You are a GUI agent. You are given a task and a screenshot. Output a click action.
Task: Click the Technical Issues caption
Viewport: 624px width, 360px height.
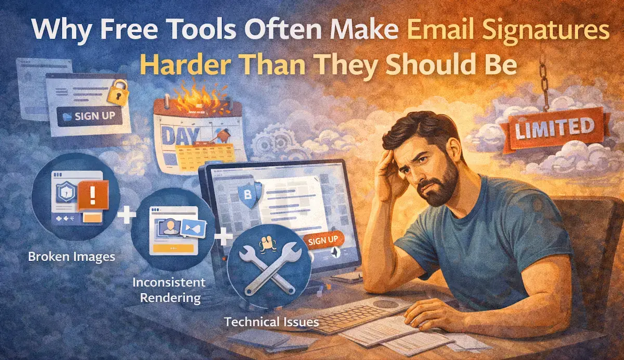271,322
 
